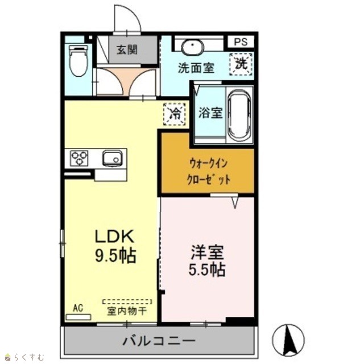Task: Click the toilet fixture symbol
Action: pos(79,61)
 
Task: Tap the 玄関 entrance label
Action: pos(127,50)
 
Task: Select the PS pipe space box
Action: pos(241,42)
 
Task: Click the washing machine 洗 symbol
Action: pos(241,64)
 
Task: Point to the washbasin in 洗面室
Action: pos(192,47)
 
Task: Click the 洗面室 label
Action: pos(196,68)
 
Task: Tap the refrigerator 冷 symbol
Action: pos(175,114)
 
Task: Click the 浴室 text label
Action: pos(210,113)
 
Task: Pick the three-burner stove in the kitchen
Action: pos(80,158)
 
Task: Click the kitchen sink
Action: pos(113,158)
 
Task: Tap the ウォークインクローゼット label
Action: pos(209,171)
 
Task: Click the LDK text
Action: pos(115,237)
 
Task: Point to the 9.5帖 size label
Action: pos(115,255)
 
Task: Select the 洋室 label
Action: pos(207,252)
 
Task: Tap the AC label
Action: pos(78,308)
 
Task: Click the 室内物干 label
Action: pos(127,311)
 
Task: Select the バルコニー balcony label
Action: pos(159,341)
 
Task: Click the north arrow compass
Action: pos(288,340)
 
